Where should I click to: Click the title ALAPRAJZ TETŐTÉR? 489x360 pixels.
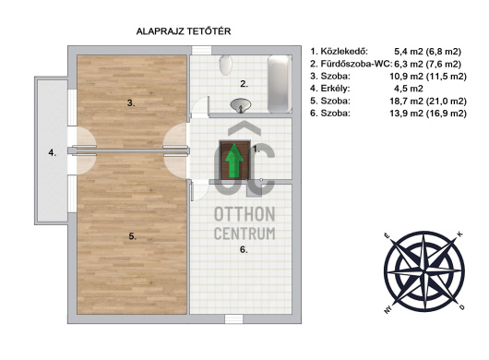click(184, 31)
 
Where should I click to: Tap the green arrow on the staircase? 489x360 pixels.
click(234, 161)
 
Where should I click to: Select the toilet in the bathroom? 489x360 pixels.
click(225, 65)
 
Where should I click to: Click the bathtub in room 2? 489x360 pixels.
click(280, 84)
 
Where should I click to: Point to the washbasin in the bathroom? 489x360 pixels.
click(241, 105)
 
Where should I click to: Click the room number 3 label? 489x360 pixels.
click(131, 103)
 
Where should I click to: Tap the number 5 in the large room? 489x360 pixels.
click(133, 237)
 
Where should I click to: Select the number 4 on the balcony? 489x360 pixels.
click(53, 153)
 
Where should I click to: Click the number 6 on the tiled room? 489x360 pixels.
click(244, 249)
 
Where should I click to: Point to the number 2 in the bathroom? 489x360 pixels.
click(244, 84)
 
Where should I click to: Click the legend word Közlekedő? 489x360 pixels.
click(344, 52)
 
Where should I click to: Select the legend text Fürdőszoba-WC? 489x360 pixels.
click(356, 64)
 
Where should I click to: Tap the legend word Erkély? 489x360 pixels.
click(335, 89)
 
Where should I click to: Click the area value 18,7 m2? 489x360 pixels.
click(406, 101)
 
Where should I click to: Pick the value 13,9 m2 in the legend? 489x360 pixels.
click(406, 113)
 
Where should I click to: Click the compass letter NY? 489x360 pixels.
click(388, 309)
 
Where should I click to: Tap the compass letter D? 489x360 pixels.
click(462, 307)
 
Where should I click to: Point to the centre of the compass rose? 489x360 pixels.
click(424, 271)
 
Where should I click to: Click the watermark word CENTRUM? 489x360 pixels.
click(244, 234)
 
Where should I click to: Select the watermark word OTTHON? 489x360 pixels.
click(244, 214)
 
